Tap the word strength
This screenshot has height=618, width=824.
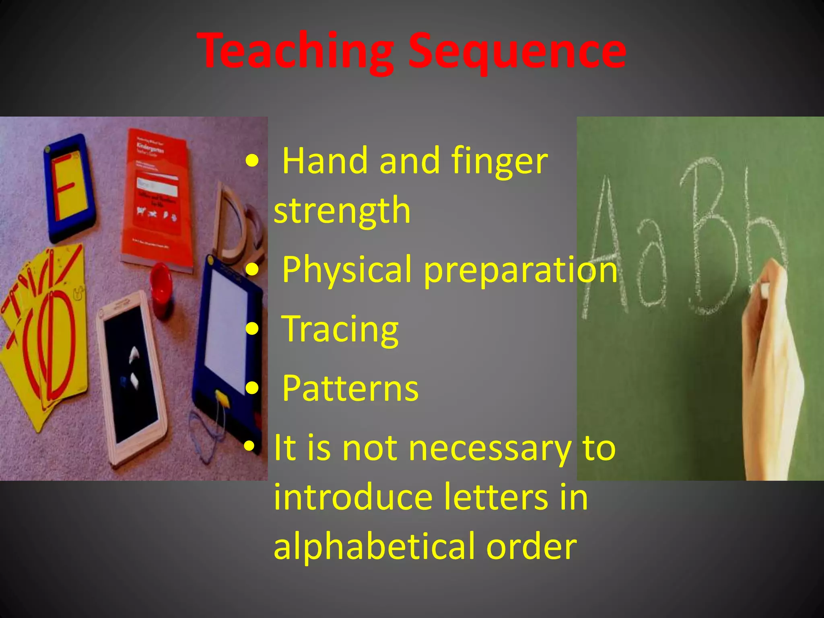[x=342, y=210]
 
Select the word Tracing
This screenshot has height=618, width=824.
[x=340, y=329]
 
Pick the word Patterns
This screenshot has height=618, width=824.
[x=350, y=389]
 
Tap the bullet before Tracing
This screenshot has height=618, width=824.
[x=252, y=329]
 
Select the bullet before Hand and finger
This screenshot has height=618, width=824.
[x=252, y=161]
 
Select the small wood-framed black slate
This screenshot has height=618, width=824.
[x=131, y=378]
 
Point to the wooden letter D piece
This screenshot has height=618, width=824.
[x=235, y=225]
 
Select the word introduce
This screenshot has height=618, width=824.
[x=353, y=498]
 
